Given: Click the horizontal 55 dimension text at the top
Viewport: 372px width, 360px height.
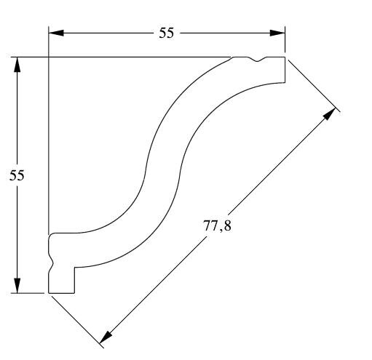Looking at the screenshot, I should pos(167,33).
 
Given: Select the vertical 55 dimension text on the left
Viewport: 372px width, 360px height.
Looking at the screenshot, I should pos(17,175).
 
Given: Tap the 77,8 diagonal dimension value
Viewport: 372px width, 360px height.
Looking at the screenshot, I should pos(217,225).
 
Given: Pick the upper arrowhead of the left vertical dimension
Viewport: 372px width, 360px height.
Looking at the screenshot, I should pos(17,65).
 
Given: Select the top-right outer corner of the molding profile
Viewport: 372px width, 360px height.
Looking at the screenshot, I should pos(284,57).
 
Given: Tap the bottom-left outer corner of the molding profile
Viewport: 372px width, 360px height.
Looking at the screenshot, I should pos(49,293).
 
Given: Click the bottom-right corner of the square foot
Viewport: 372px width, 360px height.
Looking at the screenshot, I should pos(74,293).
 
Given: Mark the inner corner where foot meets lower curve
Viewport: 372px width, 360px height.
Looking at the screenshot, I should pos(74,267).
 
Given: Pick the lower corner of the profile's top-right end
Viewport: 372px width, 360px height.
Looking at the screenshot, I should pos(284,82).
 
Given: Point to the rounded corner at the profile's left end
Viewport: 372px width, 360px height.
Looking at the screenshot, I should pos(52,235).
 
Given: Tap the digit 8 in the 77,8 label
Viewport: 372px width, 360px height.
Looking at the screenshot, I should pos(227,225).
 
